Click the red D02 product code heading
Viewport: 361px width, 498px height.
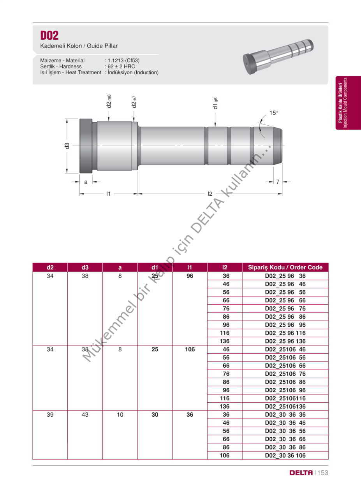click(49, 35)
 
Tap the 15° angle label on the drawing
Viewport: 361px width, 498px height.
click(274, 113)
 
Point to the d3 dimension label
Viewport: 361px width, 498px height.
click(67, 146)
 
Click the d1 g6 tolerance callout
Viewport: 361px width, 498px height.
click(215, 103)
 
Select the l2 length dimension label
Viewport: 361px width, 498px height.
click(210, 194)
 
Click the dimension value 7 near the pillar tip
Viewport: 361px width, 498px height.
click(278, 182)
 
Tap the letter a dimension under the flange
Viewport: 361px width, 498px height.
click(86, 182)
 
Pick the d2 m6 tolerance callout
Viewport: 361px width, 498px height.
click(109, 101)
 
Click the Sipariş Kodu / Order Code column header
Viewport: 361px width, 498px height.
click(285, 267)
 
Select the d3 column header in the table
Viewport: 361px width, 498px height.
click(85, 267)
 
